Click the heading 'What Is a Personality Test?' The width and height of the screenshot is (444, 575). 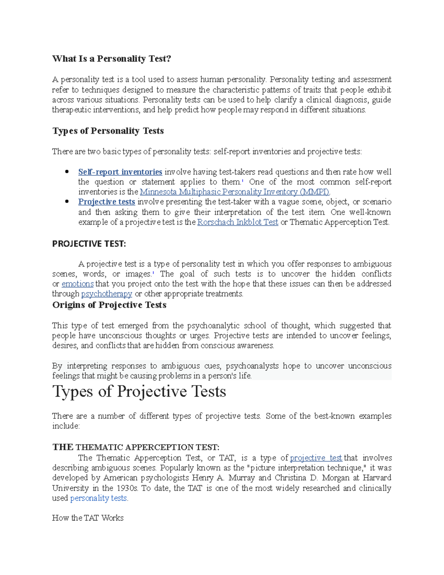[111, 58]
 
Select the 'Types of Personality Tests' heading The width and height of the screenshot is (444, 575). [108, 131]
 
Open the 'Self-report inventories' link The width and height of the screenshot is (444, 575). [120, 172]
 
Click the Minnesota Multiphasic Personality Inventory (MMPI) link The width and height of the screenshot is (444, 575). [235, 192]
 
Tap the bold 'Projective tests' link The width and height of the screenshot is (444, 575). [106, 202]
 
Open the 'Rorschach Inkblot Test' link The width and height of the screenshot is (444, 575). [238, 222]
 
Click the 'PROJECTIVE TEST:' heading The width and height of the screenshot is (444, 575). [89, 244]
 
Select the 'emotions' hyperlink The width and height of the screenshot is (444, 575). [77, 284]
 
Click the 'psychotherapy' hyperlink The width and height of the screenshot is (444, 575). [107, 294]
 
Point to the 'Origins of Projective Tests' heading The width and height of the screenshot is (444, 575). [109, 305]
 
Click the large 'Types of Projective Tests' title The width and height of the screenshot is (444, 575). [139, 392]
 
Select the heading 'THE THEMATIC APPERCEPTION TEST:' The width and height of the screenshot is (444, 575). [136, 447]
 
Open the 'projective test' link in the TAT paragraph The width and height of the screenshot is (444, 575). [316, 458]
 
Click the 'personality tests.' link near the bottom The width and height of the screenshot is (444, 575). [99, 498]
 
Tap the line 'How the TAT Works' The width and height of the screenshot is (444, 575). [88, 518]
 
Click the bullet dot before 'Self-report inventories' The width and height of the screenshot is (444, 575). [67, 171]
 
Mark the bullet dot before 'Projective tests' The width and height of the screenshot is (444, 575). [67, 201]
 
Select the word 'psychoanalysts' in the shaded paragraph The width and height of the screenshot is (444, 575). [252, 366]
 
